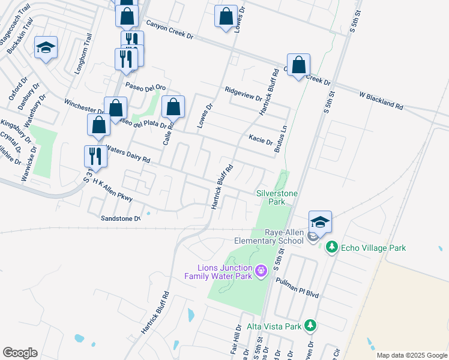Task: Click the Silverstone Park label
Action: coord(278,198)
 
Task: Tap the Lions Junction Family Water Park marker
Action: coord(261,272)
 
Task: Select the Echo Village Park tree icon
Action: coord(331,247)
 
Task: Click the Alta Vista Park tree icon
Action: coord(310,326)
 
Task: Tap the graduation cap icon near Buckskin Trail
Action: coord(46,48)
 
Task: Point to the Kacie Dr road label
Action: coord(261,140)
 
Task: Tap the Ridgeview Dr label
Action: coord(243,94)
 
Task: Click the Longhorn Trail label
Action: coord(82,54)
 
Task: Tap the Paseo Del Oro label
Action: coord(143,86)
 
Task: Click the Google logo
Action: coord(20,353)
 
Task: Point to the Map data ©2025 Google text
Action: coord(411,355)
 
